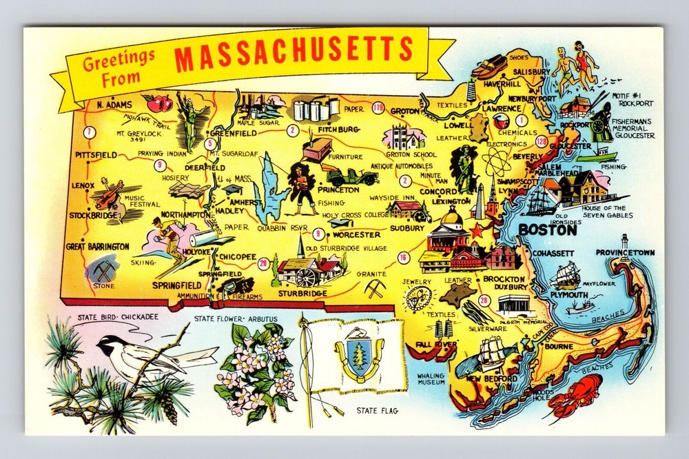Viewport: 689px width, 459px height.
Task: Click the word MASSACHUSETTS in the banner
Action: pyautogui.click(x=293, y=54)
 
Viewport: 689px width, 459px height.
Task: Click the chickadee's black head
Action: pyautogui.click(x=109, y=343)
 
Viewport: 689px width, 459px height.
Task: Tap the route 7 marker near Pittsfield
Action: pyautogui.click(x=88, y=133)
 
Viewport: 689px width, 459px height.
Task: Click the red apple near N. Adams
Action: pyautogui.click(x=161, y=104)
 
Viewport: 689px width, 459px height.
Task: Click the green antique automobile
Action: pyautogui.click(x=352, y=176)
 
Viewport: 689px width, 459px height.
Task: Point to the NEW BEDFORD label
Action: pyautogui.click(x=491, y=380)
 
